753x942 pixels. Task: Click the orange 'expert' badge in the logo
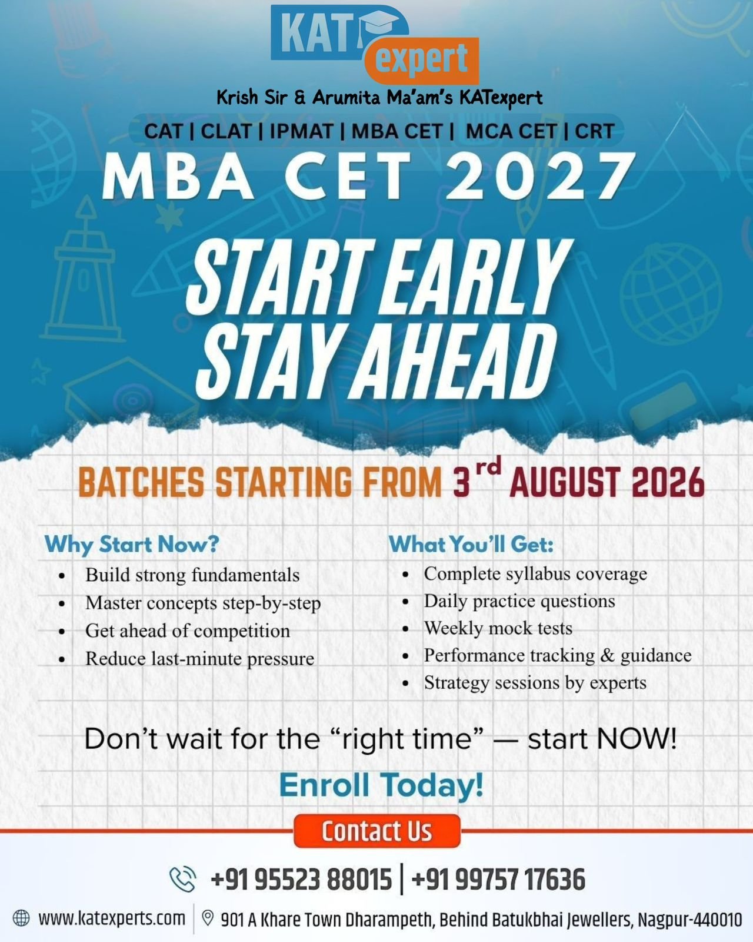[421, 61]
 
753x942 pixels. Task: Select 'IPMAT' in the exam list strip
[301, 131]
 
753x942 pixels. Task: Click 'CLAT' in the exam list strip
[226, 131]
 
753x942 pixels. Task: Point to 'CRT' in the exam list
[595, 131]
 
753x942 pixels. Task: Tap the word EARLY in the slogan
[478, 277]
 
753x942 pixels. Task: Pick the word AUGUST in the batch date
[565, 482]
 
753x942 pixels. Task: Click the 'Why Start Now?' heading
[132, 545]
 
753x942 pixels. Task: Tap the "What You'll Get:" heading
[471, 545]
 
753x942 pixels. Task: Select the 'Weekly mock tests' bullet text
[498, 628]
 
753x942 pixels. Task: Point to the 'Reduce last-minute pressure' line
[199, 659]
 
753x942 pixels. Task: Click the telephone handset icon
[182, 878]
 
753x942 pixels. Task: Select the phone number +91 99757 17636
[498, 879]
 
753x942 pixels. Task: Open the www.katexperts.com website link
[112, 918]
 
